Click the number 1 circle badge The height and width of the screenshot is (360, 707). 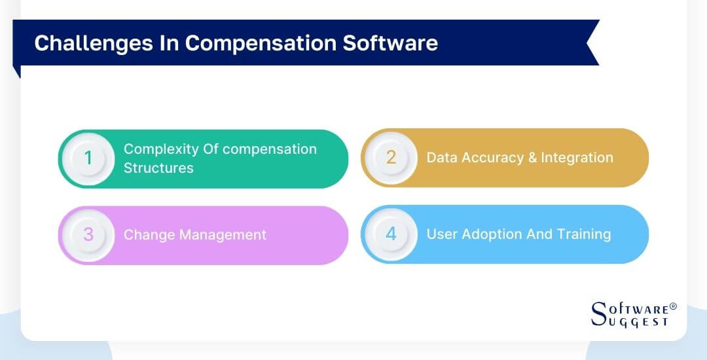pyautogui.click(x=88, y=158)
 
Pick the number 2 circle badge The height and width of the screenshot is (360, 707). pyautogui.click(x=391, y=158)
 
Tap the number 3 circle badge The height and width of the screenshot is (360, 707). pyautogui.click(x=88, y=234)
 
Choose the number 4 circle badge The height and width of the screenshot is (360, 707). pyautogui.click(x=391, y=234)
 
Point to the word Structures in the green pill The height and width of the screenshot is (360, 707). pyautogui.click(x=158, y=168)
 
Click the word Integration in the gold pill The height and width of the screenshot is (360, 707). pyautogui.click(x=577, y=158)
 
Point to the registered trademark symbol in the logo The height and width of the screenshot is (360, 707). pyautogui.click(x=673, y=306)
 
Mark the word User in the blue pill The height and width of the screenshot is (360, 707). pyautogui.click(x=441, y=234)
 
